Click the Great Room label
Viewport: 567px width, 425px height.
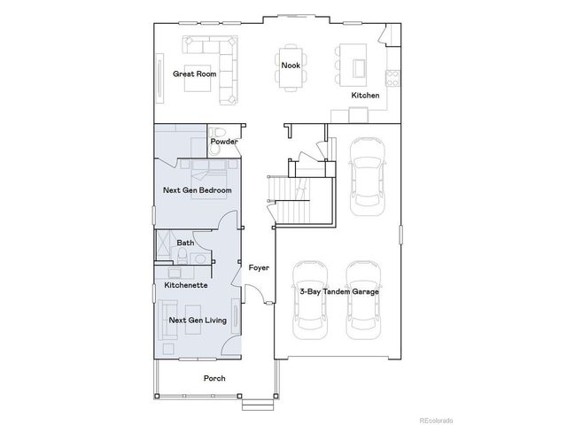193,74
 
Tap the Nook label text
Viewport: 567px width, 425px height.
290,66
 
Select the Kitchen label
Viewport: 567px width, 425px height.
365,95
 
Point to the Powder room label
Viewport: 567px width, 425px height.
224,142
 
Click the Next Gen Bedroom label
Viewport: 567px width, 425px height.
198,190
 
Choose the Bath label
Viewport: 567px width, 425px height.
186,243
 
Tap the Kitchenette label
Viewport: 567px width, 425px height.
186,285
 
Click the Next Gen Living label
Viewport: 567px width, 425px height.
198,320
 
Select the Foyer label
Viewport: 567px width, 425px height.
258,267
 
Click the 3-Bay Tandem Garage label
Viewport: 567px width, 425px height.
339,291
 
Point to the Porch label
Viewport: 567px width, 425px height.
214,378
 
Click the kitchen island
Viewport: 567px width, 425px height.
359,68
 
